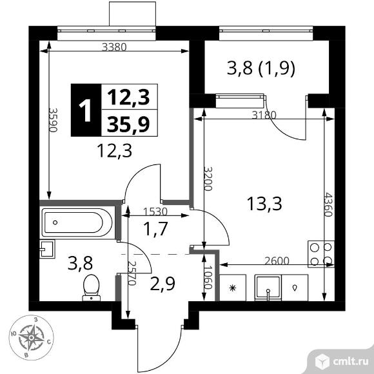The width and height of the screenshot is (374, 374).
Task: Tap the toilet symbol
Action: click(x=92, y=288)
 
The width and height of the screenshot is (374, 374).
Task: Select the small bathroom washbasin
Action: click(x=47, y=249)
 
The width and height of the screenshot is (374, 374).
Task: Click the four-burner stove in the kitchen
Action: click(x=321, y=254)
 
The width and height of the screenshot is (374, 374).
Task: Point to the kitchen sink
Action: click(x=268, y=288)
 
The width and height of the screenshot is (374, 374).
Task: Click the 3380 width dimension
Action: click(x=114, y=48)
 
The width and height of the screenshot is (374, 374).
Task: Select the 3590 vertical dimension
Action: click(x=54, y=120)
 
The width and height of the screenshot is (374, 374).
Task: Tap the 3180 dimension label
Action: click(x=264, y=115)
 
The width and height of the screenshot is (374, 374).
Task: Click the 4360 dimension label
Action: click(x=328, y=204)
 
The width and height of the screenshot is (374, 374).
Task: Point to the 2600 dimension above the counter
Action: click(x=277, y=261)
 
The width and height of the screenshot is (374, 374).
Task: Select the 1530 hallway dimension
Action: click(x=155, y=212)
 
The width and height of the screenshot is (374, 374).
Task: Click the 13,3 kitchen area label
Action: click(x=264, y=204)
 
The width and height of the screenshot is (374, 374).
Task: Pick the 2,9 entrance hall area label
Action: click(x=162, y=284)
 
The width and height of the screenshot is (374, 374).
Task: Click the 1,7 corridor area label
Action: click(x=156, y=229)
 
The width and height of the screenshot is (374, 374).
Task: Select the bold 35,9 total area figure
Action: click(x=128, y=124)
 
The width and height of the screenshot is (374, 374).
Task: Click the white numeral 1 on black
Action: click(x=86, y=110)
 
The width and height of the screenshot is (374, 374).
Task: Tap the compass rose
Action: click(x=31, y=337)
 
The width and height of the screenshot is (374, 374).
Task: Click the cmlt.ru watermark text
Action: click(x=351, y=362)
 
